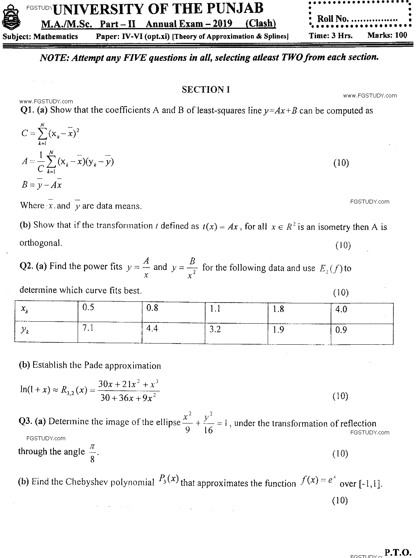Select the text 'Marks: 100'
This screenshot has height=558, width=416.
coord(387,35)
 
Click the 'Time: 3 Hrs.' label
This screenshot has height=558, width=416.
coord(331,35)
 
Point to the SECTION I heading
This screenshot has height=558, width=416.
coord(206,90)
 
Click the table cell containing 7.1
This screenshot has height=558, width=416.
coord(109,332)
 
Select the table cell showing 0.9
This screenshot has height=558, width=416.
coord(361,332)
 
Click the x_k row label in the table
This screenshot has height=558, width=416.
coord(46,311)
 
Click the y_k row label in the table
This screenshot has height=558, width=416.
coord(46,332)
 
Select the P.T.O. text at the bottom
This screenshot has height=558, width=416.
coord(398,552)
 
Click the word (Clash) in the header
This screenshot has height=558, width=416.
coord(260,23)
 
